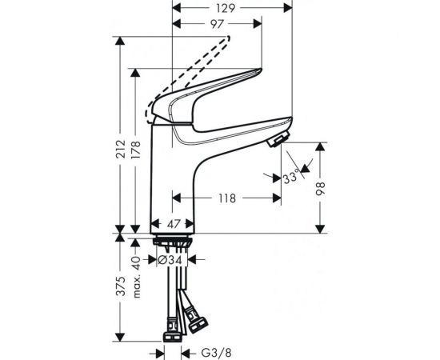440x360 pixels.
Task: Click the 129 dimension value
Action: [226, 9]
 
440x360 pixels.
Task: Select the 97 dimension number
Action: [217, 24]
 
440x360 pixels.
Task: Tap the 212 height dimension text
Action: [121, 149]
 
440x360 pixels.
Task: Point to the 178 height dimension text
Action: [135, 150]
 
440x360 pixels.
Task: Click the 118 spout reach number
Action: [227, 198]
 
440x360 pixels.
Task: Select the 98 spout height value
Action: [320, 189]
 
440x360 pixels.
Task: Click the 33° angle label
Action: [290, 178]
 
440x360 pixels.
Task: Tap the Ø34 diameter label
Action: [170, 260]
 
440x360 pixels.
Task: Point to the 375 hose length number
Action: [121, 286]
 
